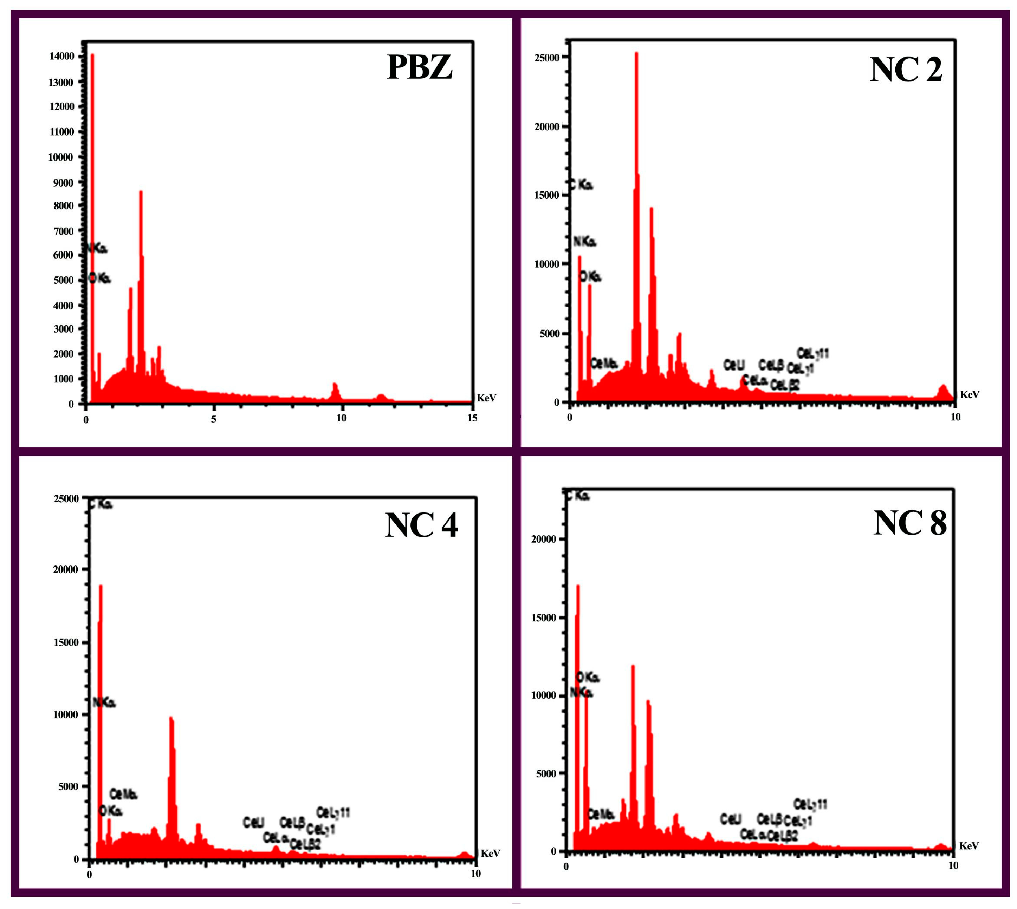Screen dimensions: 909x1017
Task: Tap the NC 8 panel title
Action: [909, 523]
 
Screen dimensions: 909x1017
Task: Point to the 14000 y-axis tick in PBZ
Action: [62, 57]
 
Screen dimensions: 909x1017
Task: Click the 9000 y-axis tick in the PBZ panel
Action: [64, 183]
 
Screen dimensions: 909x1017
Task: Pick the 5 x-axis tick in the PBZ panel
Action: [213, 419]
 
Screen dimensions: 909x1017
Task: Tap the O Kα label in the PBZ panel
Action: [99, 278]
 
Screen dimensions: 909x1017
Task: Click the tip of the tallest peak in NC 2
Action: [636, 53]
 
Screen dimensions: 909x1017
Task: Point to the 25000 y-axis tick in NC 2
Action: [547, 58]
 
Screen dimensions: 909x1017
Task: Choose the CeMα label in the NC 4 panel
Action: [123, 752]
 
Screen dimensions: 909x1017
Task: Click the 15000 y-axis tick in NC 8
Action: [544, 617]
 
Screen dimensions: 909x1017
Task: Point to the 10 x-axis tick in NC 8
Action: [953, 865]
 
